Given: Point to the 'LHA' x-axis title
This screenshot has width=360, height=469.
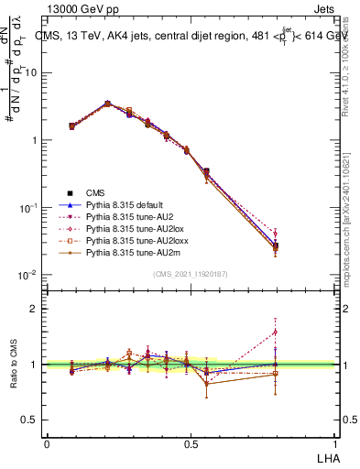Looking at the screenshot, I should [x=327, y=456].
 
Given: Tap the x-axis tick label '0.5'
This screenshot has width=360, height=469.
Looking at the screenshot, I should [x=191, y=443].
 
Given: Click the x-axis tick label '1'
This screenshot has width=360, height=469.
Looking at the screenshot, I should [x=334, y=443].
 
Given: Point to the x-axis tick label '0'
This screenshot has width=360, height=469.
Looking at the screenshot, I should [x=47, y=443].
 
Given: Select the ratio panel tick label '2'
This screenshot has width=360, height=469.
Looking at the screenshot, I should [x=35, y=309].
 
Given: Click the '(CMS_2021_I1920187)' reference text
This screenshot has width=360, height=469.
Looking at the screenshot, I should [x=191, y=273].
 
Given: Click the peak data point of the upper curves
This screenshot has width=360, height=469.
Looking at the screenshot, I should [x=108, y=104].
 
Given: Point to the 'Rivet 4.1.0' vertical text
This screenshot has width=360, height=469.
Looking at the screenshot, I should [x=346, y=64].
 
